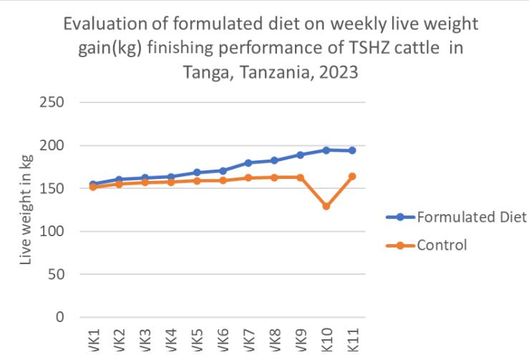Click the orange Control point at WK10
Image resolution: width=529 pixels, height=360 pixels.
click(326, 206)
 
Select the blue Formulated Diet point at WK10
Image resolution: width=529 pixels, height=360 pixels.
click(326, 150)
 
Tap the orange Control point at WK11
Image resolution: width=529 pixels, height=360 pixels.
click(352, 176)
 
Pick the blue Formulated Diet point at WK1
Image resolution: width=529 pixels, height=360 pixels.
click(93, 185)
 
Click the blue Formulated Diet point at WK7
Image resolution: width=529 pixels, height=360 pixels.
click(248, 163)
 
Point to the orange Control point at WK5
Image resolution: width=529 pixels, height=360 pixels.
click(197, 180)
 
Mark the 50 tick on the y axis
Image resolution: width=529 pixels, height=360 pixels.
click(56, 274)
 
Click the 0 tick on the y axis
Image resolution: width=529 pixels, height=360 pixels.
click(59, 317)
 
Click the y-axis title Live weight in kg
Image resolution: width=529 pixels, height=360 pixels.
click(26, 210)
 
